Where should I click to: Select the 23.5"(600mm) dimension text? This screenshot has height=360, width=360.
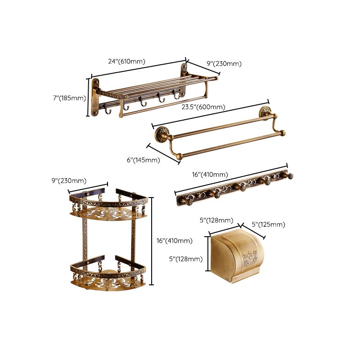pyautogui.click(x=203, y=107)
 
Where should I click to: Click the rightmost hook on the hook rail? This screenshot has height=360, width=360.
pyautogui.click(x=291, y=175)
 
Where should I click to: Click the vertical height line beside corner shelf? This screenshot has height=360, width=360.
pyautogui.click(x=152, y=241)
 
